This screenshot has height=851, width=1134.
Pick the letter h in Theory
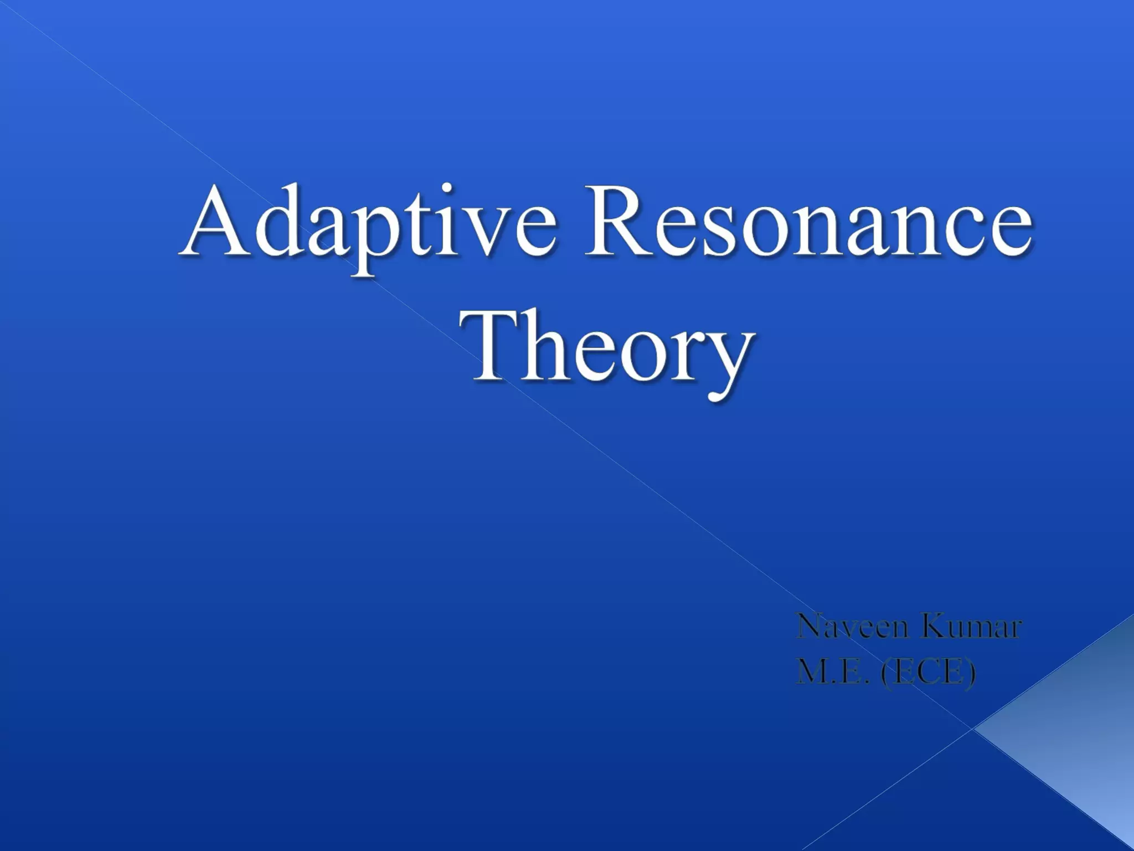tap(545, 344)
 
